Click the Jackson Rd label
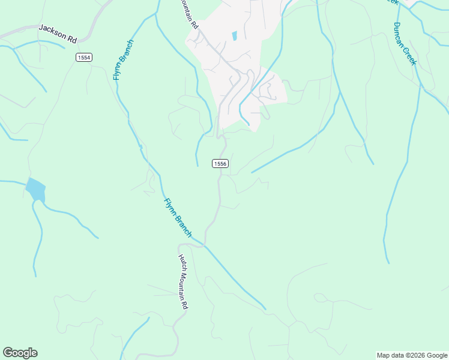[58, 34]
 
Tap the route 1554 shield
[83, 57]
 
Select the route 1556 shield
[220, 163]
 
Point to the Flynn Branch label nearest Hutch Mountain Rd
[178, 217]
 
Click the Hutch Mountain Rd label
[182, 281]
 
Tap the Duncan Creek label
[405, 43]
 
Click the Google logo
[20, 353]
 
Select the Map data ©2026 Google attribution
[412, 355]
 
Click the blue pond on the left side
[35, 190]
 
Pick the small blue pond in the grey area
[234, 36]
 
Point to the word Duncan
[400, 34]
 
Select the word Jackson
[52, 31]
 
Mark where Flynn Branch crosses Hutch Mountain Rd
[203, 245]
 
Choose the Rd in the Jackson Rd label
[72, 39]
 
